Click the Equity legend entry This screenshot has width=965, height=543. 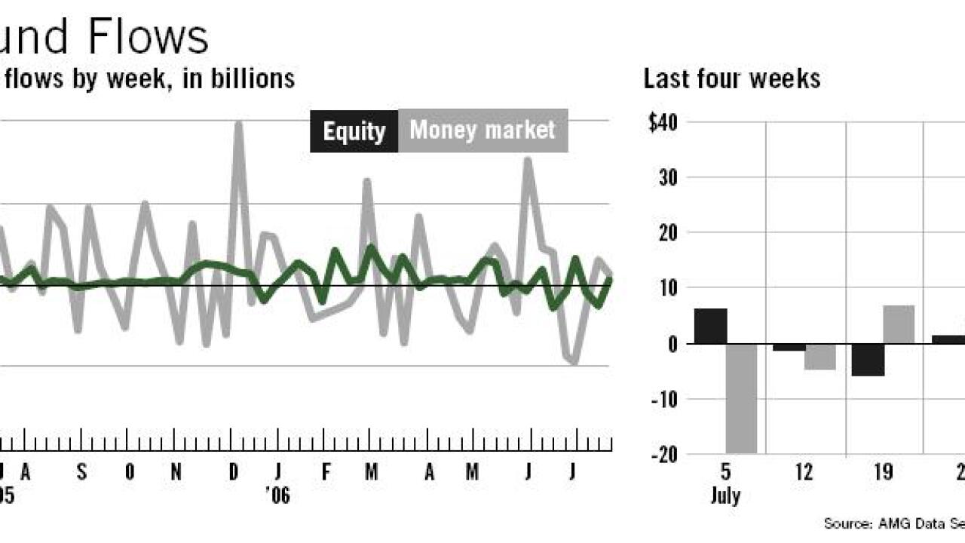point(354,131)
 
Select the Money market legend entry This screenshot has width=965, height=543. point(482,130)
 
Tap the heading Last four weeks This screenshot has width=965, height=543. point(731,78)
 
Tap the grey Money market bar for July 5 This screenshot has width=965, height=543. point(741,398)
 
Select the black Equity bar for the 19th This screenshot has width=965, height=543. point(868,360)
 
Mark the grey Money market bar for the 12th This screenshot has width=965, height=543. point(820,357)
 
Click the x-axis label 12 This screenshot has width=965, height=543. point(804,473)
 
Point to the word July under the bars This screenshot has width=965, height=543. point(725,496)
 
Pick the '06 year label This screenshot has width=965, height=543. point(277,495)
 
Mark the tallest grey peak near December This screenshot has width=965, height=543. point(239,124)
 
